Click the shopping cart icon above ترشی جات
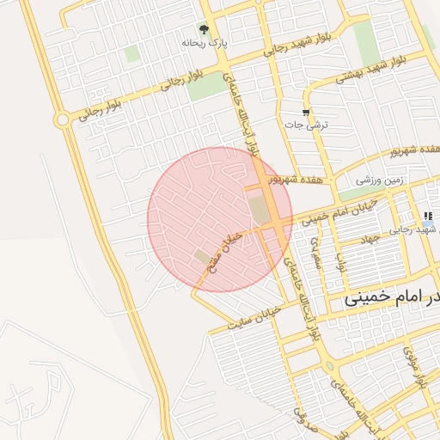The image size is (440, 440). point(305,113)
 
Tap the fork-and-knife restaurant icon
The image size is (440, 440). point(427,216)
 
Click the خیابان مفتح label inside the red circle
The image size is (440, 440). point(223,255)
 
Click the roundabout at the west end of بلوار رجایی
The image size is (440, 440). point(62,119)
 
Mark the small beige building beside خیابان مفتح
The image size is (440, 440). point(202,256)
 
